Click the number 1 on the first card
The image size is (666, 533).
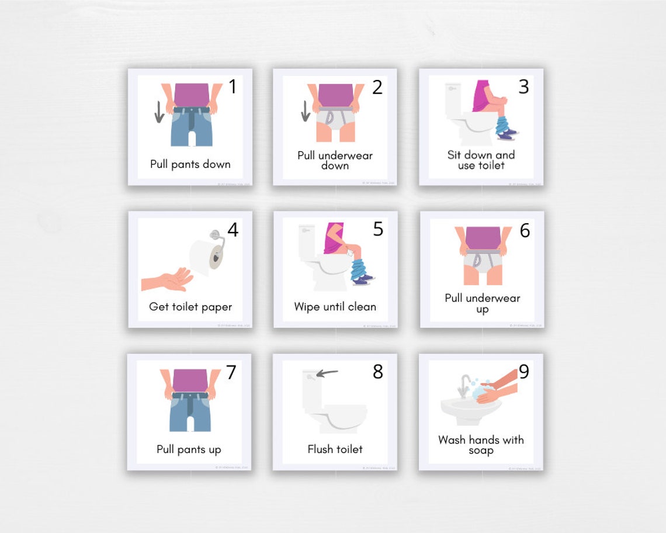point(233,87)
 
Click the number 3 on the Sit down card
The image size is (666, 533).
point(523,87)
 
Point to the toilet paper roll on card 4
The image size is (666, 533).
point(204,256)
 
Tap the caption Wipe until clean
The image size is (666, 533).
point(335,307)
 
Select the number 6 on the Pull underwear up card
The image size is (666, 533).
point(525,231)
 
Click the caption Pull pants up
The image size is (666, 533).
point(189,449)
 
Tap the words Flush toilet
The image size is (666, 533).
point(335,449)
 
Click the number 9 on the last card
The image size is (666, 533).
point(523,372)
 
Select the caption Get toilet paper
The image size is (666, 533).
point(190,307)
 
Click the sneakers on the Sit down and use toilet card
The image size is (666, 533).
point(507,134)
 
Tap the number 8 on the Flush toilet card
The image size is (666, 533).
point(378,372)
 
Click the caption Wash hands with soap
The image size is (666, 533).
point(481,445)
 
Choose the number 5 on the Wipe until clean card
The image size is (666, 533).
point(378,230)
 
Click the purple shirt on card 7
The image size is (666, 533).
point(190,380)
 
